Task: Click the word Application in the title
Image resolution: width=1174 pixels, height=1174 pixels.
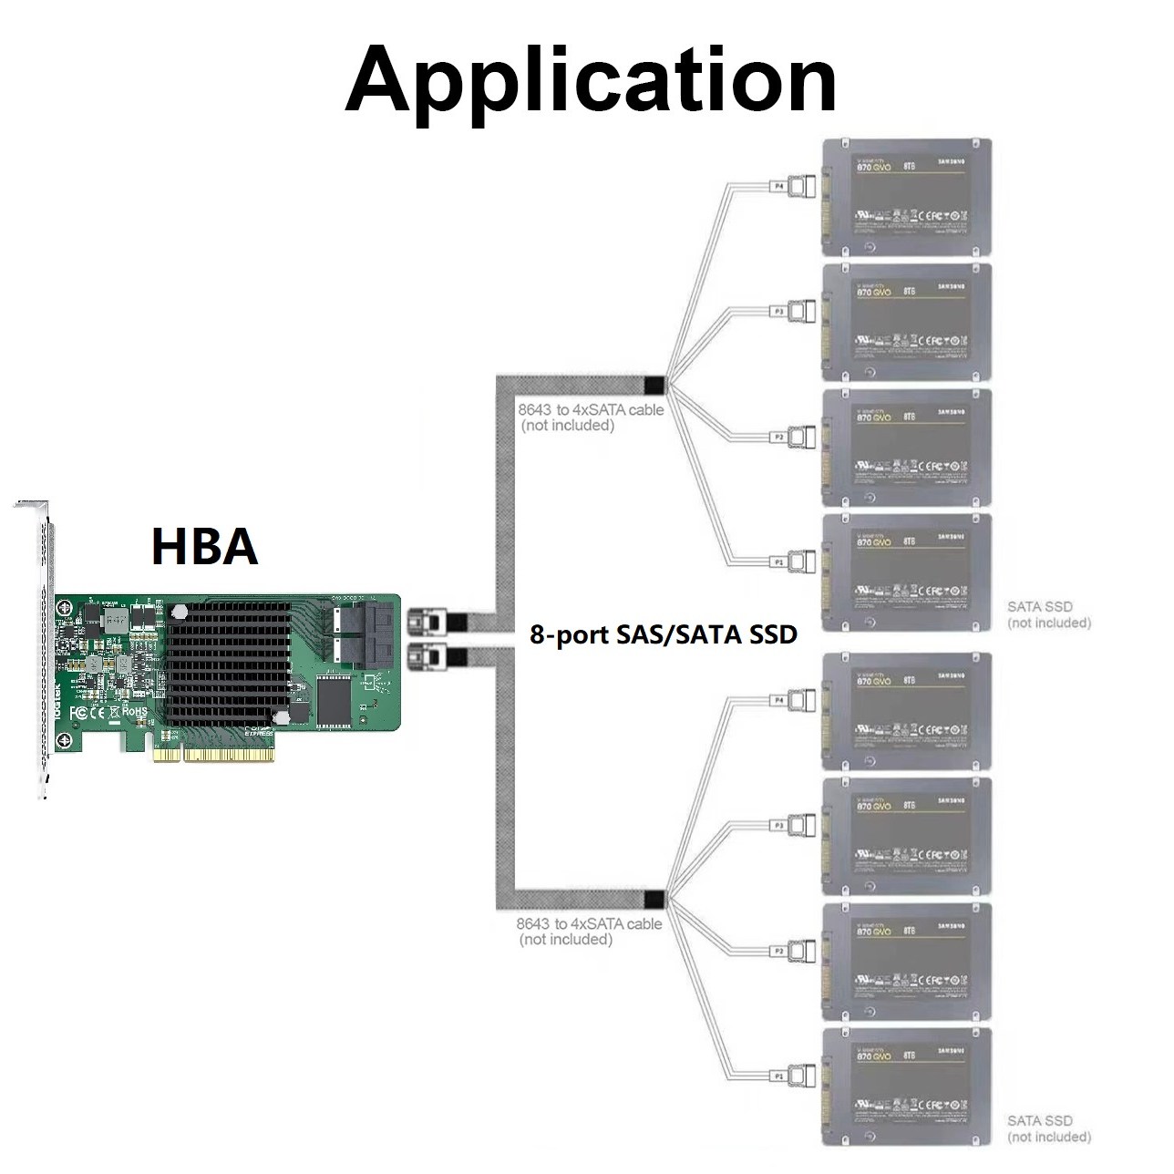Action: (x=591, y=78)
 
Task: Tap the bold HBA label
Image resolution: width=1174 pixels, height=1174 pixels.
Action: (x=204, y=547)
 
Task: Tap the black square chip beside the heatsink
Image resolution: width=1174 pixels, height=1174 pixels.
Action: (x=335, y=703)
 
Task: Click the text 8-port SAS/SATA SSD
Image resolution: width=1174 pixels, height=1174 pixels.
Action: (x=664, y=634)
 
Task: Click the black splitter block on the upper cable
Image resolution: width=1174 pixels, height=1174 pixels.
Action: (x=654, y=384)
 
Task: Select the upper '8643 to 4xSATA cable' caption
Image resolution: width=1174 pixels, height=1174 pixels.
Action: (x=591, y=417)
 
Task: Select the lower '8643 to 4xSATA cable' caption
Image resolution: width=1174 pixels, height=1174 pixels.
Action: (x=589, y=931)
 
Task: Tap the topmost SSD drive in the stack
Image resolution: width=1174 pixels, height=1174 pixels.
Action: (x=906, y=196)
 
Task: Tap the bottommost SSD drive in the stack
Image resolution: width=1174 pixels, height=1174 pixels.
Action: (x=906, y=1086)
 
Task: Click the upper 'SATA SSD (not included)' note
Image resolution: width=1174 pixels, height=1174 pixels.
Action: (x=1048, y=614)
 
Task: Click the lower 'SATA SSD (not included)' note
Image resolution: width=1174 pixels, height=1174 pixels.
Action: (x=1048, y=1128)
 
